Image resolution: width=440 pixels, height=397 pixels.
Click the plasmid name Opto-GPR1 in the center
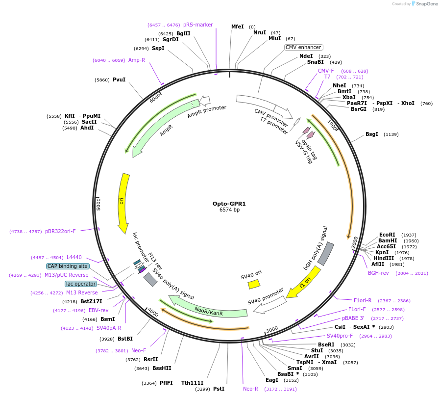pos(229,203)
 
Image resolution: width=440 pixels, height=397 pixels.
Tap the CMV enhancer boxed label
pos(304,47)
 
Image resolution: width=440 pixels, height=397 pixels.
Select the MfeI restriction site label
pos(237,26)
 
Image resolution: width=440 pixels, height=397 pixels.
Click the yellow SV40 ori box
pos(254,284)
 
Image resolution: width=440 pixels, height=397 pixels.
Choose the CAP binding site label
pos(68,266)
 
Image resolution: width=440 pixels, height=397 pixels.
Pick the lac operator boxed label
pos(81,284)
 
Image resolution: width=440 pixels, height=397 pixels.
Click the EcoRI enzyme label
pos(387,235)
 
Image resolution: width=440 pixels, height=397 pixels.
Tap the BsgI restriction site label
pos(371,134)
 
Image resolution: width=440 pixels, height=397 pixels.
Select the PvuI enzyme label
pos(119,79)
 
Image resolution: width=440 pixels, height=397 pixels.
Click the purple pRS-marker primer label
pos(198,25)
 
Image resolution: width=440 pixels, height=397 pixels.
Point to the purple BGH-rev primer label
pos(378,273)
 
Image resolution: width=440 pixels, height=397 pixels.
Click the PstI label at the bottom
pos(219,389)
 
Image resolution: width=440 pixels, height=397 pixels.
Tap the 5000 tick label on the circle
pos(98,204)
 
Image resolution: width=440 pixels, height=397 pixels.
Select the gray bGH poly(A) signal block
pos(326,254)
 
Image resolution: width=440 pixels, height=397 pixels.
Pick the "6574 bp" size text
pos(229,210)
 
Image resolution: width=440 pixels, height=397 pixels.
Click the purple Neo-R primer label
pos(250,389)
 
